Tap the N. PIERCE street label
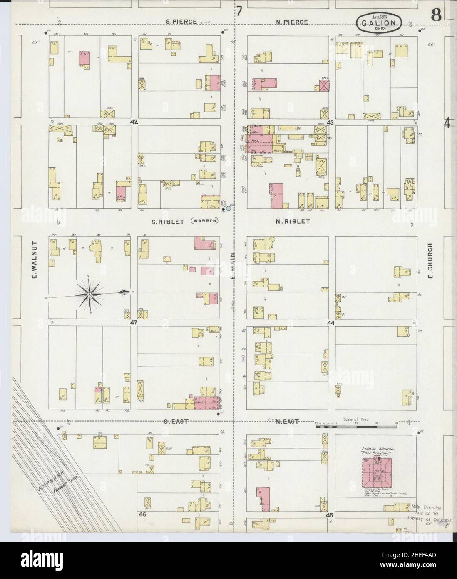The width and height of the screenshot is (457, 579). (291, 22)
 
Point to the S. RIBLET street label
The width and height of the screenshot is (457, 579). (169, 222)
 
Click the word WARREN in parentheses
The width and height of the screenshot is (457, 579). (204, 221)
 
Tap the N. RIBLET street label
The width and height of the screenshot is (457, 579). (293, 222)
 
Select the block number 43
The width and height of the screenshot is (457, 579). (330, 122)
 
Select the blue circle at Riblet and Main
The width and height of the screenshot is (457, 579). (228, 207)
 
